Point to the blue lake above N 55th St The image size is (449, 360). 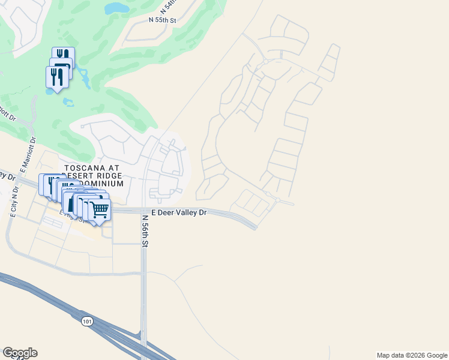[x=118, y=8]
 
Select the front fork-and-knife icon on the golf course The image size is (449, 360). [x=56, y=77]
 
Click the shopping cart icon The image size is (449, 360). [x=100, y=210]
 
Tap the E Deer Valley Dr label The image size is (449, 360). [x=178, y=212]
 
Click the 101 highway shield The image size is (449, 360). [x=88, y=322]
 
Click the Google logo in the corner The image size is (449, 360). [x=20, y=353]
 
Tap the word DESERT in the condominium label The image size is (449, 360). [x=83, y=176]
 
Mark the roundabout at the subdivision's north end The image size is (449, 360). [x=265, y=61]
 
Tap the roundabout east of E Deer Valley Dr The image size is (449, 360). [x=277, y=200]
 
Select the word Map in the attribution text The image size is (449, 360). [x=384, y=355]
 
